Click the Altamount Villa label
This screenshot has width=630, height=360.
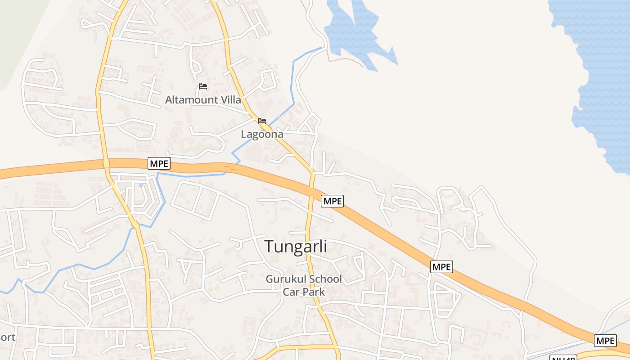(x=203, y=99)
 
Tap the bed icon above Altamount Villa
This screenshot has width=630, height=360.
(x=203, y=86)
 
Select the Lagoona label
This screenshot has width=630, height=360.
(x=262, y=134)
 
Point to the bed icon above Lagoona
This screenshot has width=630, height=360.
(x=262, y=121)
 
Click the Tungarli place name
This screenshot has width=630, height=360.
(x=296, y=247)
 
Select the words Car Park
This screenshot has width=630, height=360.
(x=304, y=292)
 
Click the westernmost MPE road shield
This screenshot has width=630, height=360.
(x=159, y=163)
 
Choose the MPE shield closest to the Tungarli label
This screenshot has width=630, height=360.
(x=332, y=201)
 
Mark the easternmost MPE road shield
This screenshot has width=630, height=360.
(x=605, y=341)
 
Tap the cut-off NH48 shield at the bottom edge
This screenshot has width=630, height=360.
(x=563, y=358)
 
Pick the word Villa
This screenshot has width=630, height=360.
(x=229, y=99)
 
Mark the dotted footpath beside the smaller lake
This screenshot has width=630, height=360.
(x=344, y=60)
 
